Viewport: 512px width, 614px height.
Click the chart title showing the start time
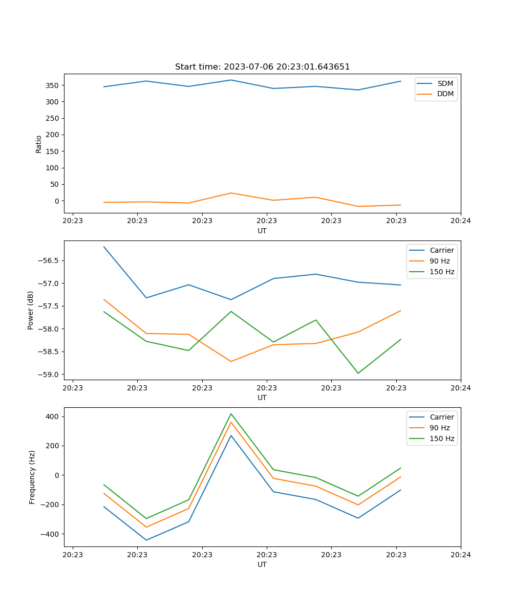tap(262, 67)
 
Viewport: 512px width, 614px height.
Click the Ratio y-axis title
tap(39, 144)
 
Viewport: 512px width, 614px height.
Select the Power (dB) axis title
tap(31, 310)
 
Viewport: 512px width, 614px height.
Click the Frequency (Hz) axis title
tap(32, 477)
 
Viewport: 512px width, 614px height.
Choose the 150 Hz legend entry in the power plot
tap(442, 272)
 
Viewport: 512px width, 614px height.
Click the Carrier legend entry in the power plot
tap(442, 250)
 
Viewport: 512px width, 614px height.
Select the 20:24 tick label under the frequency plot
tap(460, 555)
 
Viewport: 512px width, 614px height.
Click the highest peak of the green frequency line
tap(231, 413)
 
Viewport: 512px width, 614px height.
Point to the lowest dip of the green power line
tap(358, 373)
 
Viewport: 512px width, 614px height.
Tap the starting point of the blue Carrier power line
tap(104, 247)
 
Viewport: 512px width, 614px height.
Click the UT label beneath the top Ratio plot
tap(262, 231)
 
